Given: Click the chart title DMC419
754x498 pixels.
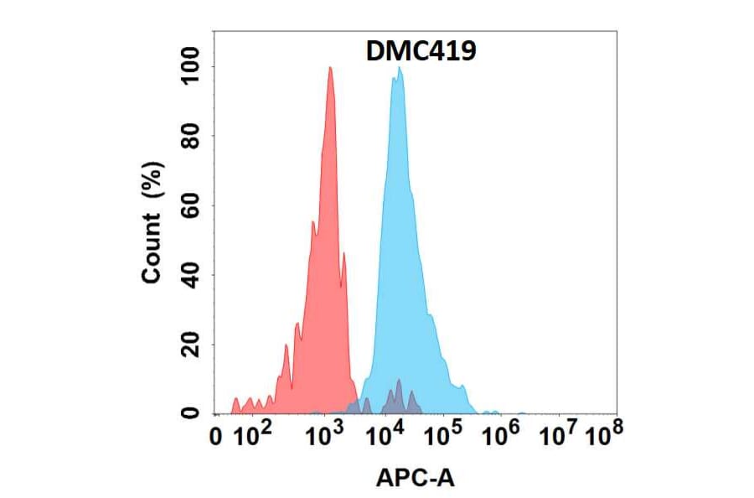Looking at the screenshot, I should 421,52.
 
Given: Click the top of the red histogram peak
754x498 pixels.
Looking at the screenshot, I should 330,68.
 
